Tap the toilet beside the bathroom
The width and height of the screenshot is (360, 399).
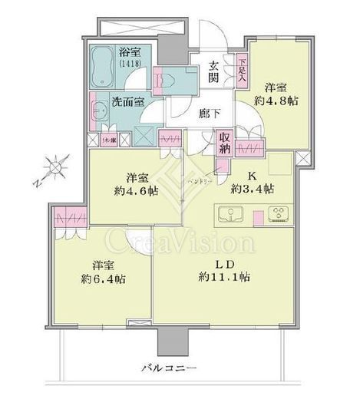(x=171, y=79)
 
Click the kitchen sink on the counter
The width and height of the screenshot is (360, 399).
(x=230, y=213)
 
